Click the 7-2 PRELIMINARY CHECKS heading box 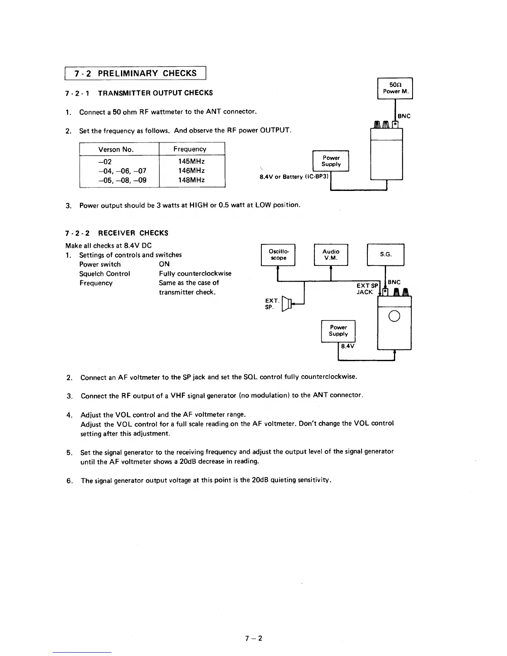[x=135, y=73]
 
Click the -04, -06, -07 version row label [x=122, y=171]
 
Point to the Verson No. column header [x=116, y=150]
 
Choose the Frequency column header [x=190, y=149]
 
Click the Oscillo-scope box [x=278, y=255]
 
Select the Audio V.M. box [x=331, y=255]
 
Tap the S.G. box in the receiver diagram [x=386, y=254]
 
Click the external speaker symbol [x=286, y=304]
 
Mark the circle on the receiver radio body [x=394, y=316]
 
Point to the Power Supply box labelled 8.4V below [x=338, y=330]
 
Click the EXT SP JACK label [x=367, y=289]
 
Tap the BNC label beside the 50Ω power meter [x=404, y=116]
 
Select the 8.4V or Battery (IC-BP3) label [x=294, y=177]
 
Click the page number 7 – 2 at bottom [x=254, y=638]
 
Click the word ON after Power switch [x=164, y=264]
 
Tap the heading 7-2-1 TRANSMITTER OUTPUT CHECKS [x=139, y=93]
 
